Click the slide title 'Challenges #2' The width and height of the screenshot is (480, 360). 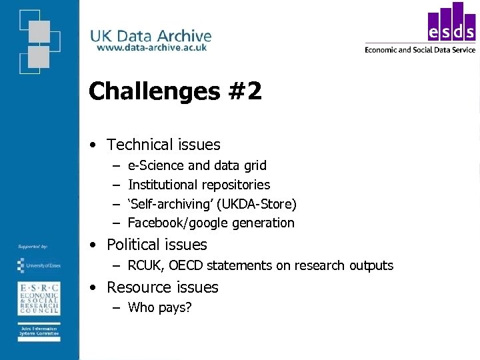click(x=175, y=91)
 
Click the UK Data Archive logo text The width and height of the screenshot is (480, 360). click(x=151, y=36)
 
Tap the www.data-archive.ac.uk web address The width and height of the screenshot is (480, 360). click(x=151, y=47)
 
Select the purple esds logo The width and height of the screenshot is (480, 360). click(x=451, y=25)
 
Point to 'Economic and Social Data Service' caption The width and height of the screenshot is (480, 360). click(x=420, y=49)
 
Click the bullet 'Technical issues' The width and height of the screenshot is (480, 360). click(x=163, y=145)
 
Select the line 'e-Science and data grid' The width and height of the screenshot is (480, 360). click(x=197, y=165)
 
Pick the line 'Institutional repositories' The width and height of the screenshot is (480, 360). click(x=199, y=185)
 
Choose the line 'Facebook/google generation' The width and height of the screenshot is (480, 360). click(x=211, y=223)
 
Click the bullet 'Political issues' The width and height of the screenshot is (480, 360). click(x=157, y=245)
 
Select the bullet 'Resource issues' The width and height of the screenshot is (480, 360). click(x=162, y=287)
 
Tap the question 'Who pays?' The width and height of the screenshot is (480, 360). click(x=159, y=307)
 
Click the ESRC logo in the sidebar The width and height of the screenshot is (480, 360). click(x=38, y=298)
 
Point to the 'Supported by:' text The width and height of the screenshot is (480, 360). click(x=33, y=247)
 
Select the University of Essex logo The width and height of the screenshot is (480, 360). click(x=38, y=265)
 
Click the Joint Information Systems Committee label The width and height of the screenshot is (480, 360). click(x=38, y=332)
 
